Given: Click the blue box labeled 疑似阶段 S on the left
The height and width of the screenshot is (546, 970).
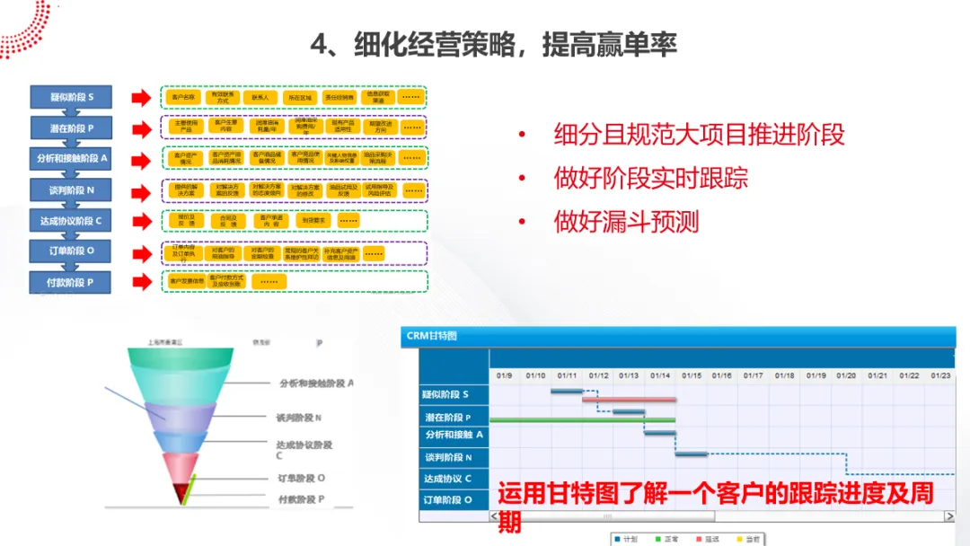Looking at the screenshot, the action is click(72, 97).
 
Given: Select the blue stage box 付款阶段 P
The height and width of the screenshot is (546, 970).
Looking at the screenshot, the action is click(72, 282).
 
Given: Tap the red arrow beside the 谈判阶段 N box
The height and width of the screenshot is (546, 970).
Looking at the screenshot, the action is click(141, 191).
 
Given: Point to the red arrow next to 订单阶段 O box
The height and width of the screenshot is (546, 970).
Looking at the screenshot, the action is click(141, 253).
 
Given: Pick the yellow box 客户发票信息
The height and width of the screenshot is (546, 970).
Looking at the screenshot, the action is click(186, 282).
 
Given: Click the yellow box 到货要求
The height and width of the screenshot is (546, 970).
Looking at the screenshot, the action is click(314, 220).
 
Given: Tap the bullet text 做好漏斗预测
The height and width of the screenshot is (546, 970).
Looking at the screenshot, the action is click(626, 221).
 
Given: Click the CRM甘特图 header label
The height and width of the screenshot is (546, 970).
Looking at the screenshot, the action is click(432, 336).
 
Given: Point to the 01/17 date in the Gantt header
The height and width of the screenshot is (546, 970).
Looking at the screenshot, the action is click(753, 375).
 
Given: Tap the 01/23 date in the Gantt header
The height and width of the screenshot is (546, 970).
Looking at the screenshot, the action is click(940, 375).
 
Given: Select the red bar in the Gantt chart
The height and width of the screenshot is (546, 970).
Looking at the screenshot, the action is click(629, 399).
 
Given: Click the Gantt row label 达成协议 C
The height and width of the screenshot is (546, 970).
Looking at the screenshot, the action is click(448, 479).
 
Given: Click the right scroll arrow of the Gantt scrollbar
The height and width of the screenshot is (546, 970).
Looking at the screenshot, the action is click(949, 516).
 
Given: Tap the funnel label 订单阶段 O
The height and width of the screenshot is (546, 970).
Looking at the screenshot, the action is click(302, 479).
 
